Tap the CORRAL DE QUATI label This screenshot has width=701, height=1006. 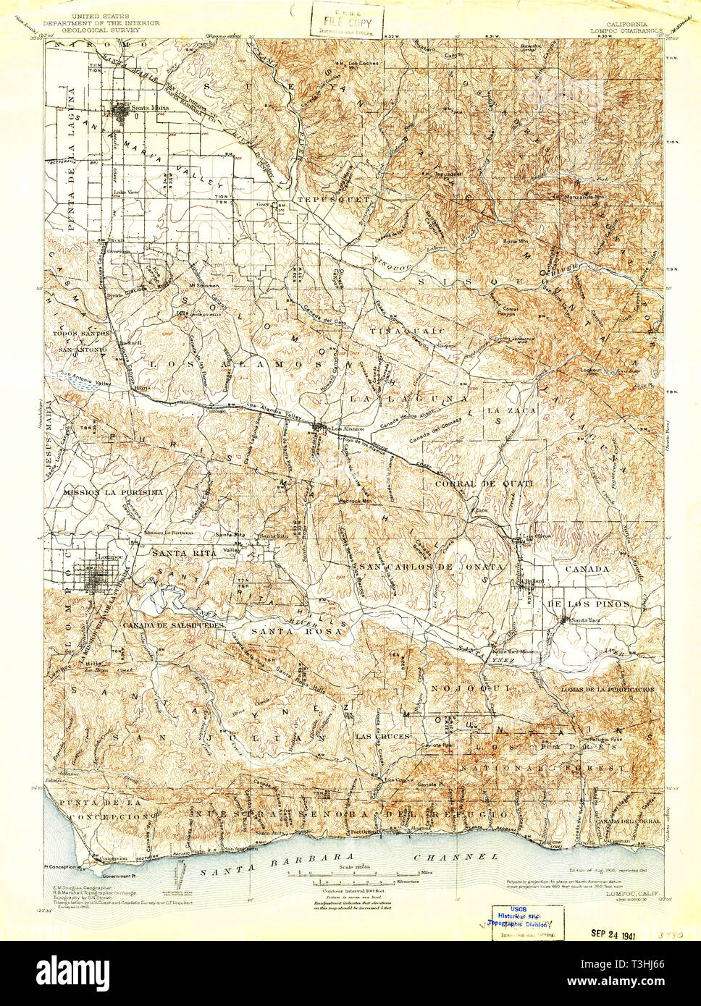click(484, 483)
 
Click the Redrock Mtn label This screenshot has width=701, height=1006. click(355, 500)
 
